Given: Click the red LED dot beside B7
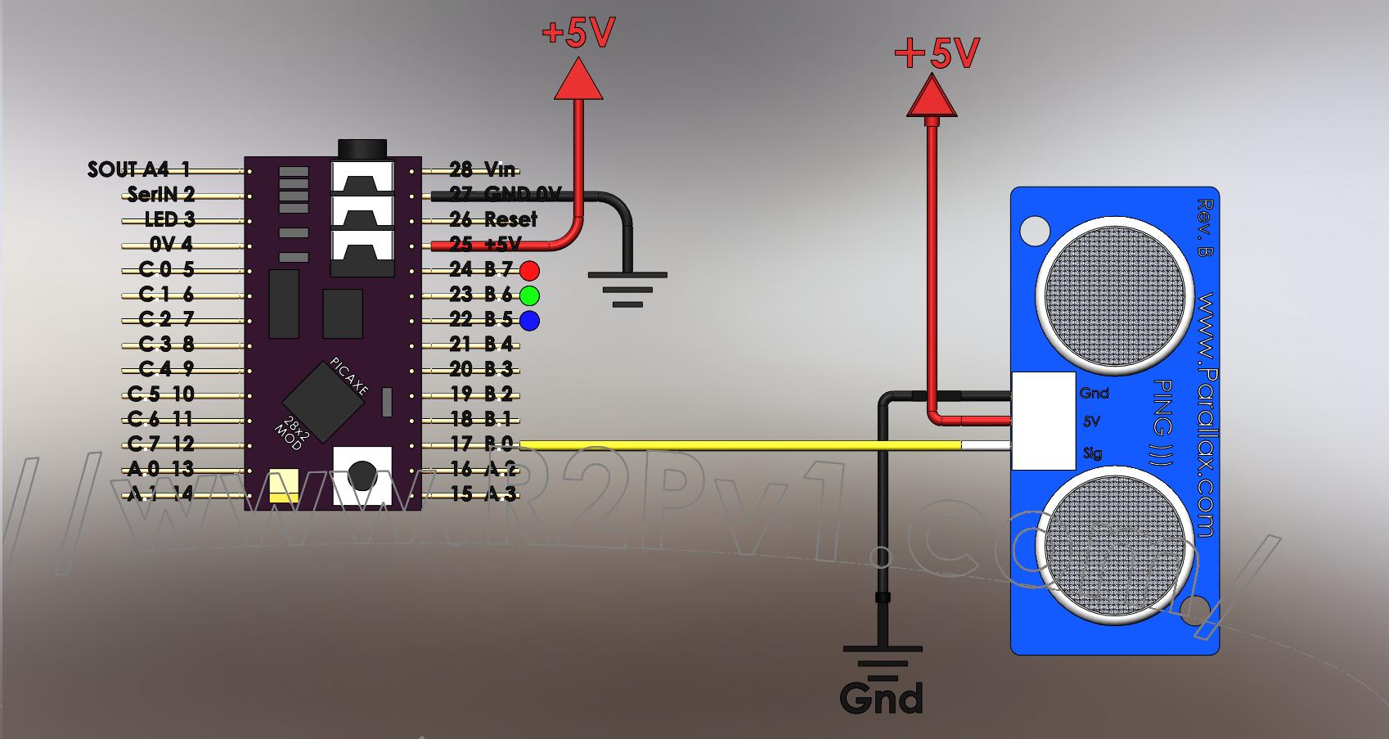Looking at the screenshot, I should [x=530, y=270].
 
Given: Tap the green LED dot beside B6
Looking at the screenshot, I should [x=530, y=295].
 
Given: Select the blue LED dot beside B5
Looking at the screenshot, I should [x=530, y=320].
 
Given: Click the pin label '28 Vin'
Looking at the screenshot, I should [x=483, y=169].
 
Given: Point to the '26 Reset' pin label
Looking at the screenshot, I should [x=493, y=219].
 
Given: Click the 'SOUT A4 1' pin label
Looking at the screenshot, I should [x=138, y=169].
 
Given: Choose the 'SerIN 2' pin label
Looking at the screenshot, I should [x=161, y=195].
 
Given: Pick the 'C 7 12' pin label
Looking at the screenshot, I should [x=160, y=444].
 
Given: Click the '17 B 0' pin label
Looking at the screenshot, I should [x=481, y=444].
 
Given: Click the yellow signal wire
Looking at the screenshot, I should [x=736, y=445].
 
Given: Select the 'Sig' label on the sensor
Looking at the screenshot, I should [x=1092, y=453].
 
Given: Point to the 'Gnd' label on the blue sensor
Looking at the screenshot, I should [x=1094, y=393].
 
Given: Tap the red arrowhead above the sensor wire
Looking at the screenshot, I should [x=931, y=96].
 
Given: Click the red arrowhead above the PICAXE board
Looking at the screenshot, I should [x=578, y=81].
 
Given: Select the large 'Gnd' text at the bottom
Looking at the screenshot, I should [x=881, y=698].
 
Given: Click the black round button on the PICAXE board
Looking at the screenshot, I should [x=362, y=475].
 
